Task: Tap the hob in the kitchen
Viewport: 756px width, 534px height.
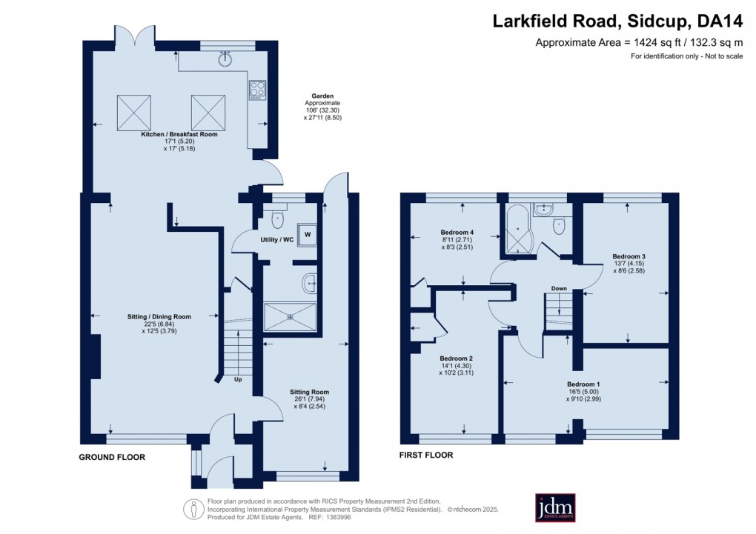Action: pos(258,90)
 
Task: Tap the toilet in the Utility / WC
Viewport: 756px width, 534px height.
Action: pos(276,218)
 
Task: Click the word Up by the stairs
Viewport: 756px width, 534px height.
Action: pos(238,380)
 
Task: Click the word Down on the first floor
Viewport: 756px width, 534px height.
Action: pos(559,288)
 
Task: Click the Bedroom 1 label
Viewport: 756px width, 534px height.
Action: pos(583,384)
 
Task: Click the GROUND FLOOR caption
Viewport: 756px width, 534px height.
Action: pos(112,457)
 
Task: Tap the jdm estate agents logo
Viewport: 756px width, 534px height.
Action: pos(556,508)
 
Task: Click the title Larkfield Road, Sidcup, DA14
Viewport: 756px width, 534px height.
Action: pos(617,21)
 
